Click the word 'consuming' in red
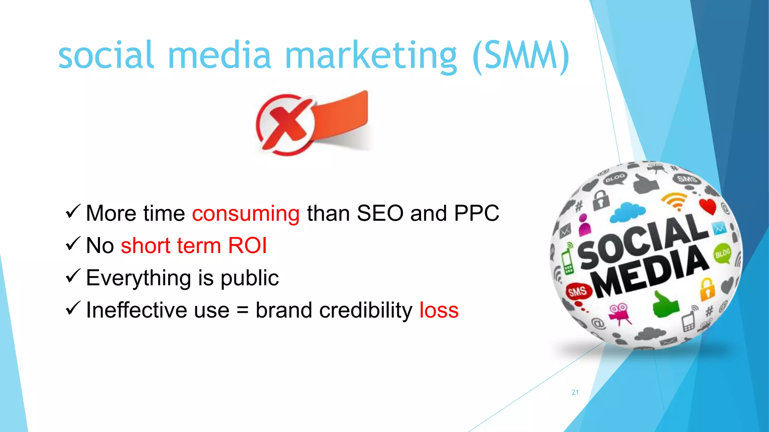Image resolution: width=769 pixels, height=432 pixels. (246, 213)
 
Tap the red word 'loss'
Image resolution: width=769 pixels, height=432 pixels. (439, 310)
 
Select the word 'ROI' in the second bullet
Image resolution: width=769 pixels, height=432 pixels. (247, 246)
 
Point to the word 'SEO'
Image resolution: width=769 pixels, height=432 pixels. (380, 213)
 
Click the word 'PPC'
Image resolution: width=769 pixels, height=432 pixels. (476, 213)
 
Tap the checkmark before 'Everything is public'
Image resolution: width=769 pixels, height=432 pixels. (73, 276)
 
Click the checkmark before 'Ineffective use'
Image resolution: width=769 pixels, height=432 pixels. (73, 309)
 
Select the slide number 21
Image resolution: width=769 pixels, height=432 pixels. (575, 392)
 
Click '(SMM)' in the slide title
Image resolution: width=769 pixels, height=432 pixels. (521, 56)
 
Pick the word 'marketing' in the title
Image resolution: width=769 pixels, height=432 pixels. (371, 56)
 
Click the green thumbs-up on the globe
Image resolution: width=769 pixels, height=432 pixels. (665, 305)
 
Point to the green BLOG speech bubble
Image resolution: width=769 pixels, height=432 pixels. (722, 253)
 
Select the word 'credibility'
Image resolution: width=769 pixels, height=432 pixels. (362, 310)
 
